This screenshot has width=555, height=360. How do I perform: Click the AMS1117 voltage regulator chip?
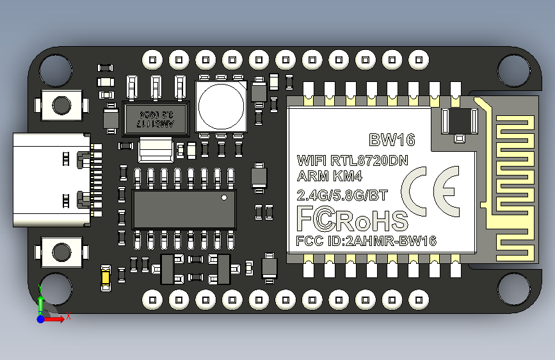[155, 118]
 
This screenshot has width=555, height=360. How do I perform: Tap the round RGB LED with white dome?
[221, 105]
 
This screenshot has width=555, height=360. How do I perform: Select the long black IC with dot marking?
[184, 208]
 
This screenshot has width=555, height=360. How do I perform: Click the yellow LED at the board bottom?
[106, 277]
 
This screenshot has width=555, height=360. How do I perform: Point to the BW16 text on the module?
[392, 140]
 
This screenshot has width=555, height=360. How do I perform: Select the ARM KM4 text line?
[326, 176]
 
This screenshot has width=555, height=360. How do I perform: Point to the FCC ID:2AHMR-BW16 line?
[366, 241]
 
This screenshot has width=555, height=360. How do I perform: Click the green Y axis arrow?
[40, 301]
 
